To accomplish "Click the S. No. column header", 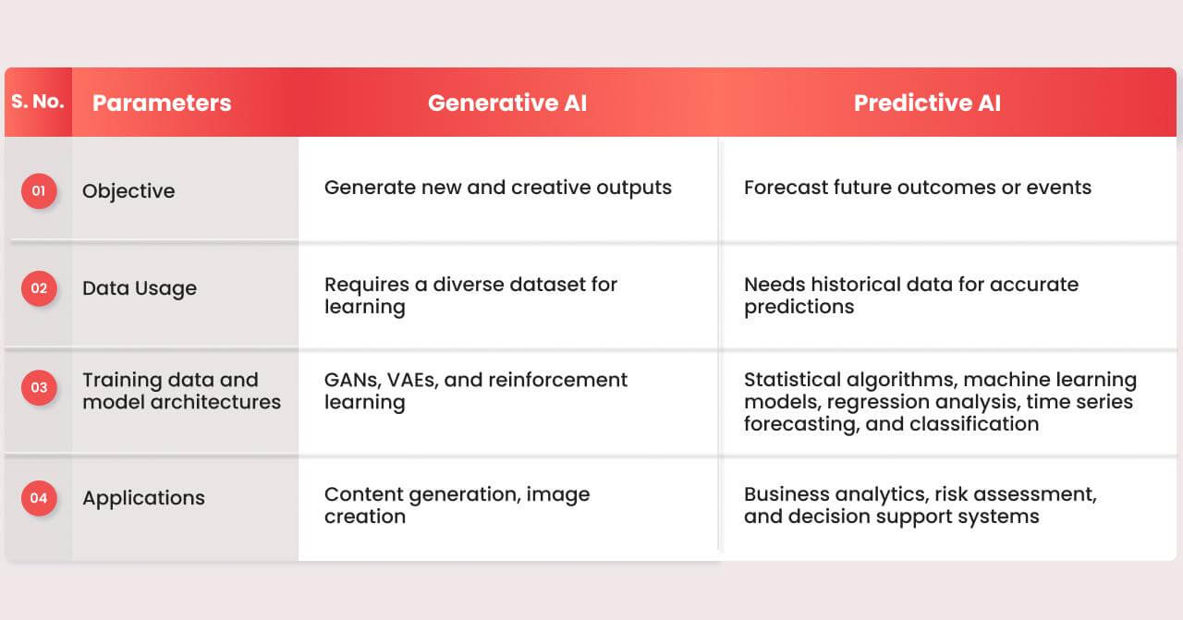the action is [x=38, y=101].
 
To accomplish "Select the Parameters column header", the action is [x=162, y=103].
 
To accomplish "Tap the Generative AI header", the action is [x=507, y=103].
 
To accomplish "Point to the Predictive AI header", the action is [x=927, y=103].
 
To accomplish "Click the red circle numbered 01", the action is [x=39, y=190].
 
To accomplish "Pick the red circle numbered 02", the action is [x=39, y=288].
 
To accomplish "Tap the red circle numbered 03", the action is [x=39, y=388].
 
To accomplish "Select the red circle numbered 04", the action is [x=39, y=498].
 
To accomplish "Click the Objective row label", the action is [x=128, y=191].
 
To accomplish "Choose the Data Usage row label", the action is [x=140, y=288].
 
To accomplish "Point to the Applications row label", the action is [x=143, y=498].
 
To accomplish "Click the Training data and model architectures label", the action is [x=182, y=391].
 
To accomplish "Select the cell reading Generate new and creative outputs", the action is [x=498, y=188].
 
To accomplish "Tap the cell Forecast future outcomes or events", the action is [x=918, y=188].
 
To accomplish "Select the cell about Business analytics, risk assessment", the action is [x=921, y=505].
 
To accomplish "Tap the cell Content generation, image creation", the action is [x=457, y=505].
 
